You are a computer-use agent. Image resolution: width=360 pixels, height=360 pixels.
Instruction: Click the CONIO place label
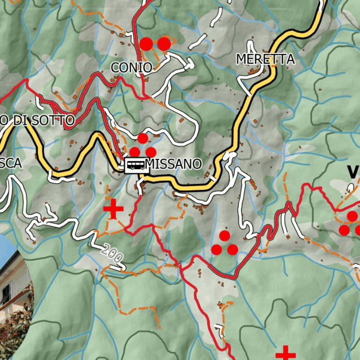(131, 67)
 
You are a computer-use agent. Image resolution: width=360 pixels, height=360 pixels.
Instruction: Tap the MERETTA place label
(265, 59)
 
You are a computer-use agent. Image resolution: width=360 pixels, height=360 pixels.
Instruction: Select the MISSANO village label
(174, 164)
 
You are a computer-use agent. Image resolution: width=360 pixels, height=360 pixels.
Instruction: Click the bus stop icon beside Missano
(136, 165)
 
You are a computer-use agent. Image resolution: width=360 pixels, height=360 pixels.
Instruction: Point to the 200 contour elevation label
(112, 254)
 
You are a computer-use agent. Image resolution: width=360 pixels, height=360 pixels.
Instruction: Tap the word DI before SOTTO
(21, 120)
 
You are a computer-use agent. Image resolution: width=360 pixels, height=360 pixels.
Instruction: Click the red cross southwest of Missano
(113, 209)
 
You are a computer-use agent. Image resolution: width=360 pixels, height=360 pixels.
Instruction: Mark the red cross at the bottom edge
(285, 354)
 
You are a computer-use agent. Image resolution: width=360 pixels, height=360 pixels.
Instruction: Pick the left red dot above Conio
(147, 44)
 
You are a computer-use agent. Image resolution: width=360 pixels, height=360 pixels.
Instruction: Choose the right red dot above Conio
(164, 44)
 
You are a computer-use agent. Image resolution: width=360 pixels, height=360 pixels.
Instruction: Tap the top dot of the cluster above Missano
(142, 138)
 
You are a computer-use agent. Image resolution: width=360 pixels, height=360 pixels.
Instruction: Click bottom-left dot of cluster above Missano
(135, 152)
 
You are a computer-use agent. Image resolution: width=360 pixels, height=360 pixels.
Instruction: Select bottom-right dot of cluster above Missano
(151, 152)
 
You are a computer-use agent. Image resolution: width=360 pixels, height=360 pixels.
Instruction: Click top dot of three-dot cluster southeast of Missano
(225, 235)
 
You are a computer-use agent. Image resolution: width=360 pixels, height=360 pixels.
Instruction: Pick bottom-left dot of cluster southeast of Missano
(216, 250)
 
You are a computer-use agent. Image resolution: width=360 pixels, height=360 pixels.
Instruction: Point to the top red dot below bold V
(352, 216)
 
